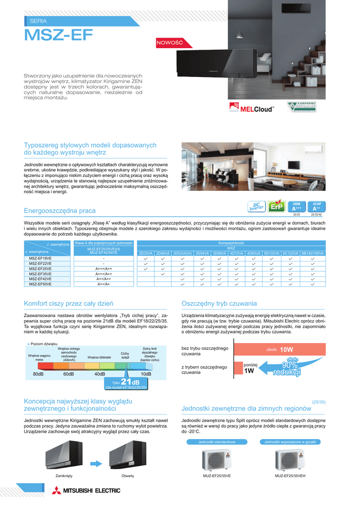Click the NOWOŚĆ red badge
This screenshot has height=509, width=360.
[170, 43]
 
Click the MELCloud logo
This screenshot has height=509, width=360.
[252, 107]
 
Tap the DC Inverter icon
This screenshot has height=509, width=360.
[257, 206]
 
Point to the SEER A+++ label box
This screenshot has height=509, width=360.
[297, 206]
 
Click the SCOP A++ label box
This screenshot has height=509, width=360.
[317, 206]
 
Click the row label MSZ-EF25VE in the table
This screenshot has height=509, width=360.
[40, 268]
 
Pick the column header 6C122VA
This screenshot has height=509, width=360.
[291, 254]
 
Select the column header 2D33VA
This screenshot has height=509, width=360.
[146, 254]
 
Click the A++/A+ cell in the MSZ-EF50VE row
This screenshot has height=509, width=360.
[103, 284]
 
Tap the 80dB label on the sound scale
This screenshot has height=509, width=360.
[38, 373]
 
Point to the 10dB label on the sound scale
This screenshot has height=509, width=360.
[146, 373]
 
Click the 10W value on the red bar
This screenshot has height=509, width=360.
[287, 349]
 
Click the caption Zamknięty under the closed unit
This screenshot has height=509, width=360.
[64, 476]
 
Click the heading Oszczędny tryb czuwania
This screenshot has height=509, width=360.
[219, 303]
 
